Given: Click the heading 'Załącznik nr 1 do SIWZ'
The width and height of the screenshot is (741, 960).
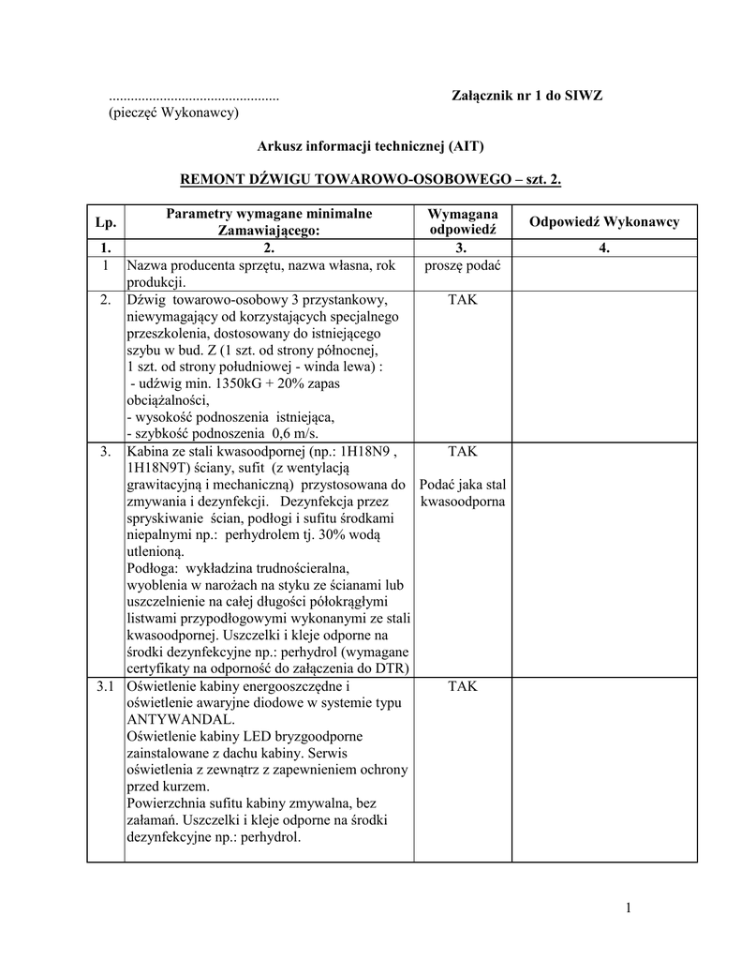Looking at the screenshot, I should (527, 96).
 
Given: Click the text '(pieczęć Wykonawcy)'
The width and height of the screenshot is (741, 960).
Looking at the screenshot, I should (174, 112).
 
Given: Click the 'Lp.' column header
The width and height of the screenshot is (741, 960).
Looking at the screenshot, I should (105, 222).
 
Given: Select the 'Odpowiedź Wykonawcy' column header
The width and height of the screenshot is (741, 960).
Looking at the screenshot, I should (604, 222).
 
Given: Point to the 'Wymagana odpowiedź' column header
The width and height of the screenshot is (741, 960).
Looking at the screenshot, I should (463, 222).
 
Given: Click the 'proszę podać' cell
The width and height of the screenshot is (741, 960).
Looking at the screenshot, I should (463, 266).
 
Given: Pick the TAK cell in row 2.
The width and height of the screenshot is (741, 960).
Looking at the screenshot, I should (463, 300).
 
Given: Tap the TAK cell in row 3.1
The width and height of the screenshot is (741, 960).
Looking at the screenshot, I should (463, 686).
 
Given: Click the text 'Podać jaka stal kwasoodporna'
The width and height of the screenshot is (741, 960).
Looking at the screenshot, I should (463, 493).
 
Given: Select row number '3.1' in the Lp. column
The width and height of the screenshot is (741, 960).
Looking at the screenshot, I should (105, 686).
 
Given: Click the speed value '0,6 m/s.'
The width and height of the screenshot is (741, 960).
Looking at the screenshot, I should (294, 434).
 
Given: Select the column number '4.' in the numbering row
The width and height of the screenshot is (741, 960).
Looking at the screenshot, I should (604, 248).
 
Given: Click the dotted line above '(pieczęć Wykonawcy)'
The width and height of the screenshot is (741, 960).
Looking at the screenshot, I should (194, 97).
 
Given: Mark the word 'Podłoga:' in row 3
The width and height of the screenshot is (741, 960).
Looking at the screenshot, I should (154, 569).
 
